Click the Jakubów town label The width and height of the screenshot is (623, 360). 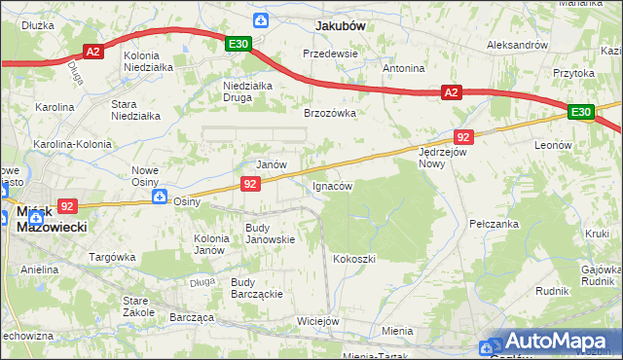(x=339, y=26)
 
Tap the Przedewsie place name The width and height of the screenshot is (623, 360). (x=331, y=54)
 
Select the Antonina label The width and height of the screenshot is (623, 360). (x=404, y=69)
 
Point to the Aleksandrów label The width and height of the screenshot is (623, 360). (x=517, y=45)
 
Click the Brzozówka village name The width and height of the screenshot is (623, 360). (x=330, y=113)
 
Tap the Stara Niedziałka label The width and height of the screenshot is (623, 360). (x=135, y=109)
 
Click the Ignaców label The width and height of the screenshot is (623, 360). (x=331, y=185)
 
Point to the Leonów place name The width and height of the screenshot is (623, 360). (x=553, y=144)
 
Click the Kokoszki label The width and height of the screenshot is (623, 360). (x=354, y=259)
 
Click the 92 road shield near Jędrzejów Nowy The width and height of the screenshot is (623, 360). (x=463, y=137)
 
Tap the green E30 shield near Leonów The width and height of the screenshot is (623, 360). (x=581, y=113)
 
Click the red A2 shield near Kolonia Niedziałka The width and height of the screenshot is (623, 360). (x=93, y=53)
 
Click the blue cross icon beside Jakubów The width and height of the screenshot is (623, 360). (x=260, y=20)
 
